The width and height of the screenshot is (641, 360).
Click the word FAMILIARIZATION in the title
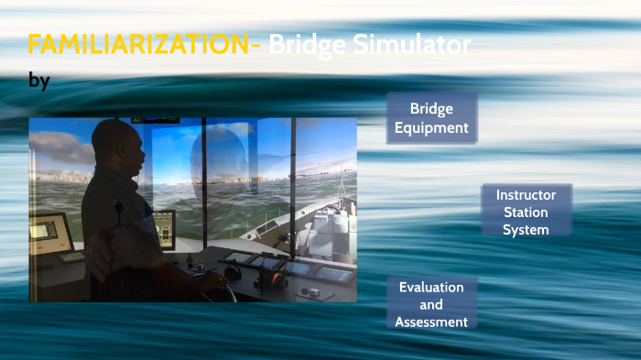[142, 44]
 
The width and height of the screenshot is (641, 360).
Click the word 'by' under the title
[39, 82]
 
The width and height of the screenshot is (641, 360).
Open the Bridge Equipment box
[431, 118]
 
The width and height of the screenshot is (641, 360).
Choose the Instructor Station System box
[526, 213]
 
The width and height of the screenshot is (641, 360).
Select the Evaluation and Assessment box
[431, 304]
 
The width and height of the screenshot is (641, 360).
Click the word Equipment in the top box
[431, 128]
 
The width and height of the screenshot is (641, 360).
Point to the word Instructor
[526, 195]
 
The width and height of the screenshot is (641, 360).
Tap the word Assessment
[431, 322]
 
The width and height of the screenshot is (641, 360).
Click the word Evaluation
[431, 287]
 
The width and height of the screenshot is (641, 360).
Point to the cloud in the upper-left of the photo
[60, 145]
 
